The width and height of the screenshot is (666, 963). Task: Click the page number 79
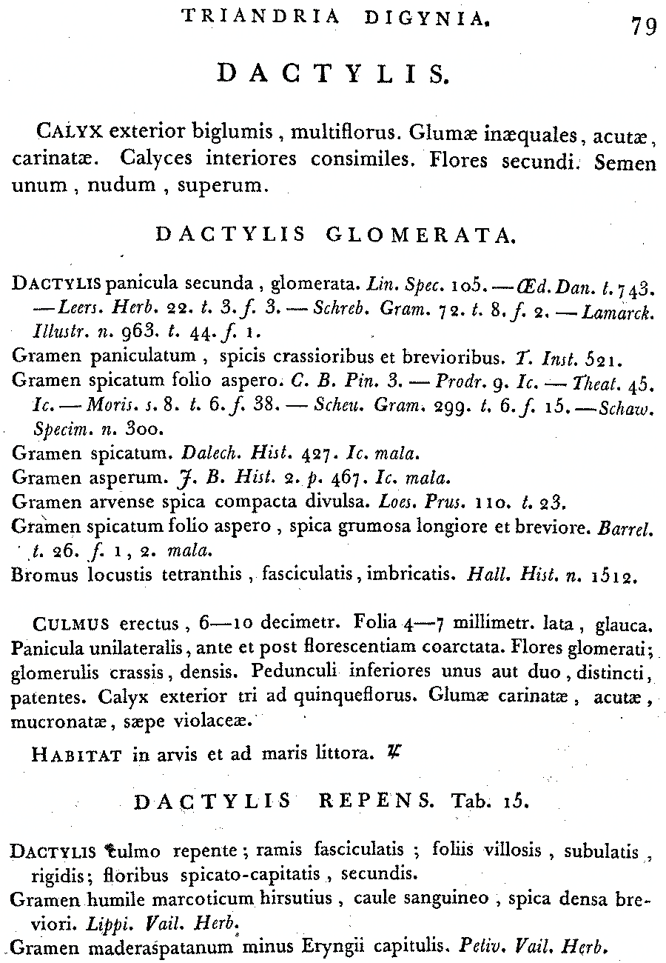point(643,27)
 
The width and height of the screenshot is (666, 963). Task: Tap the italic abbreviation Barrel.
point(635,527)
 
